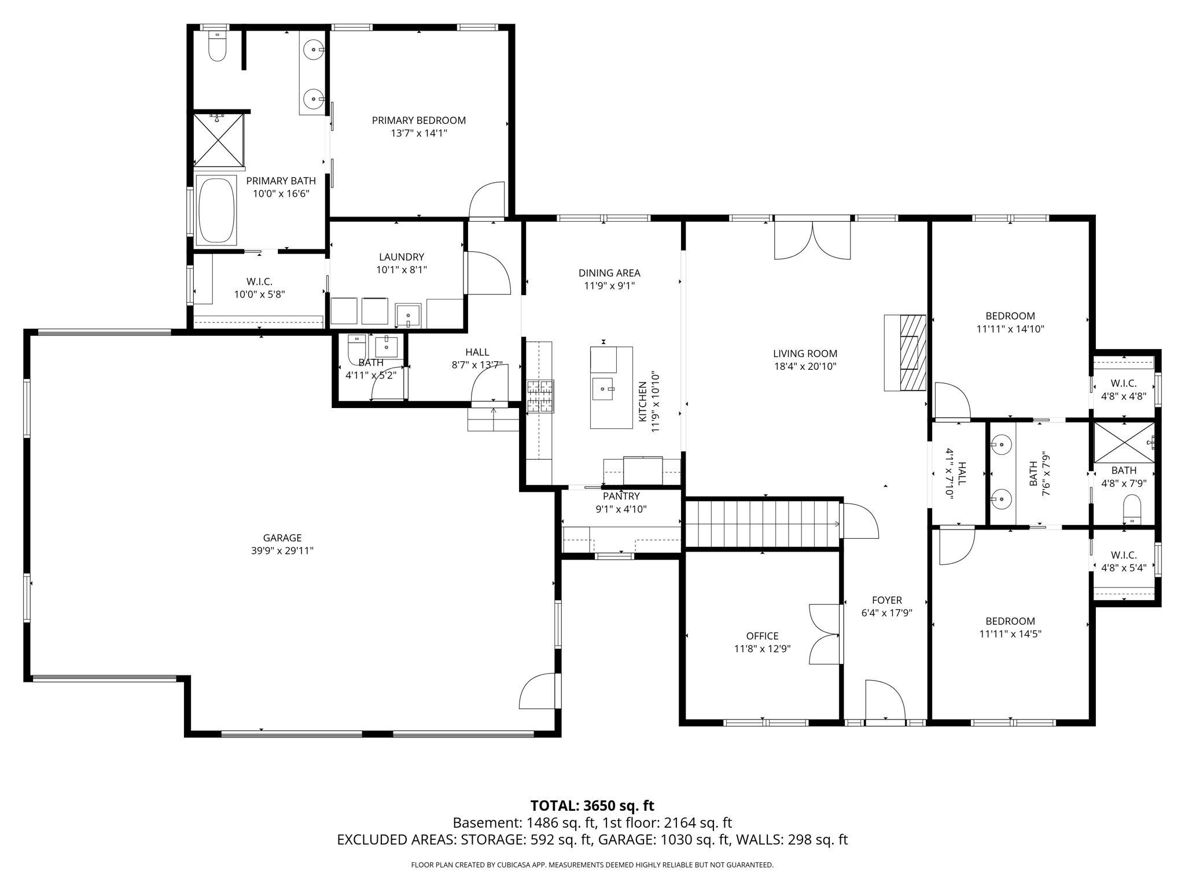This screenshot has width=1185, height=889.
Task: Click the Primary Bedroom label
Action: click(418, 120)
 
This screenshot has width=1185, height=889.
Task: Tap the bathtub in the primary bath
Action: click(216, 210)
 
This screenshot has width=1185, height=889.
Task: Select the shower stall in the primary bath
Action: click(218, 139)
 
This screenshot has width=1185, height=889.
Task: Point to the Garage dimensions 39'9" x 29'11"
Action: click(282, 550)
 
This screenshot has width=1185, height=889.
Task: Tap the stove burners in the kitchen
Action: click(540, 396)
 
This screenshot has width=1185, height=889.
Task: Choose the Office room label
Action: click(762, 636)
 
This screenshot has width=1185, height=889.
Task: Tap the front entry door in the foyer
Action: click(885, 701)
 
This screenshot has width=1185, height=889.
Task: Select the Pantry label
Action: click(621, 496)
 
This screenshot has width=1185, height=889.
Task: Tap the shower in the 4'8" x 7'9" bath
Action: click(1123, 443)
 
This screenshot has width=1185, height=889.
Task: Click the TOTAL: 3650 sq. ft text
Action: click(592, 806)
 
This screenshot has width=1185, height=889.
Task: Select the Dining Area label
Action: click(609, 273)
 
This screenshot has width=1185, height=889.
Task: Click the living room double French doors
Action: click(812, 240)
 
